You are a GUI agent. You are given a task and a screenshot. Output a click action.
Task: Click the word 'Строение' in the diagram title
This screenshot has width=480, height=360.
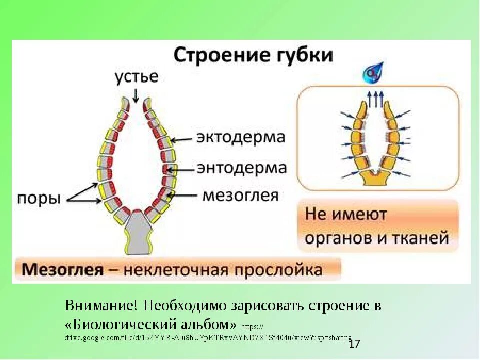(x=211, y=55)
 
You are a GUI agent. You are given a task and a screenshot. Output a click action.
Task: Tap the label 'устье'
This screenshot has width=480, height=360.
(x=136, y=77)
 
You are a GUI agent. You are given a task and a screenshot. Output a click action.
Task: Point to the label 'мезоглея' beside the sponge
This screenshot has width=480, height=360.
(x=240, y=195)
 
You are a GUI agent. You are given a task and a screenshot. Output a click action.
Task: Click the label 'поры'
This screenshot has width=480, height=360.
(x=39, y=198)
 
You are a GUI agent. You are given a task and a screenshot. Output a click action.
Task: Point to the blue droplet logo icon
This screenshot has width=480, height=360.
(x=374, y=73)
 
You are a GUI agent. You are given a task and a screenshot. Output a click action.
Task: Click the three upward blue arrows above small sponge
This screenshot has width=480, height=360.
(x=375, y=98)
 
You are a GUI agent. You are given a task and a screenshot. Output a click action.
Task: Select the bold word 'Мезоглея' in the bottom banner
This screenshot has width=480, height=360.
(x=61, y=270)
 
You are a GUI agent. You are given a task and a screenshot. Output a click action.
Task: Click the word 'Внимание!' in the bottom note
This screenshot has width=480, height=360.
(x=100, y=305)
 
